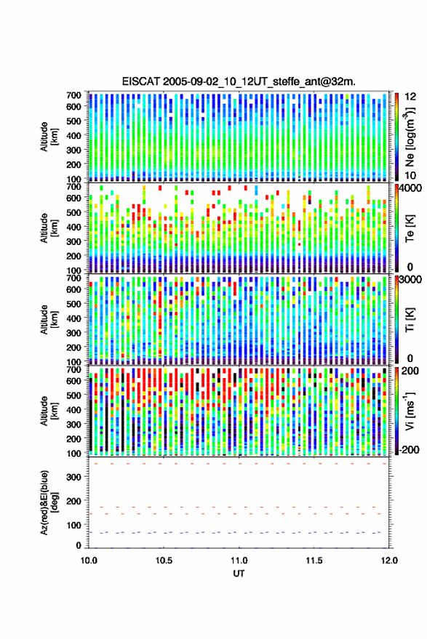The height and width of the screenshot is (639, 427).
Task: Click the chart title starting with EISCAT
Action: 239,81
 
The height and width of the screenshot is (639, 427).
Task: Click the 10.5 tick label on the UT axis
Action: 164,560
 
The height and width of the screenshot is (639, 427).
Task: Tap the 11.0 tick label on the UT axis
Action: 239,560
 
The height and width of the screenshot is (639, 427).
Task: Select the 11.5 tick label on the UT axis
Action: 314,560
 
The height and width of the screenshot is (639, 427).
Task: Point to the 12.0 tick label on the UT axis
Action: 389,560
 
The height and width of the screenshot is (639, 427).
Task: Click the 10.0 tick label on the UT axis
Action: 89,560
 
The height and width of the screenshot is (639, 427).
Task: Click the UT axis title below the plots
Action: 239,574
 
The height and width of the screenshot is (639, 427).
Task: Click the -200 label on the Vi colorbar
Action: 410,449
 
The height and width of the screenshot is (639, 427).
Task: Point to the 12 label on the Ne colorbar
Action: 410,97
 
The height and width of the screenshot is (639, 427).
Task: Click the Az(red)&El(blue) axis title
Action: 49,502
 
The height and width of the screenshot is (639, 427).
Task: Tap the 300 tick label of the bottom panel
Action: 73,477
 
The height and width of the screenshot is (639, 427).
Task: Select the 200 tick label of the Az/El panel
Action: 73,502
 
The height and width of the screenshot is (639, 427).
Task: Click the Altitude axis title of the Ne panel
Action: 49,137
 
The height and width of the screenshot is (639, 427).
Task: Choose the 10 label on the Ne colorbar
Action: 410,175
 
